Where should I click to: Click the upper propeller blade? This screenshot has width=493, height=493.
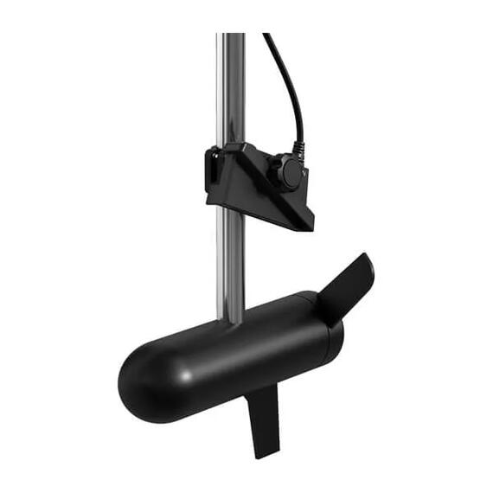(x=349, y=285)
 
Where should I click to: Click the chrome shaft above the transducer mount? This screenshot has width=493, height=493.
(x=231, y=86)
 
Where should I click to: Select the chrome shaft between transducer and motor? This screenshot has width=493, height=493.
(x=230, y=259)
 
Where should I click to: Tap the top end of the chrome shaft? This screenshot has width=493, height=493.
(x=231, y=36)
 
